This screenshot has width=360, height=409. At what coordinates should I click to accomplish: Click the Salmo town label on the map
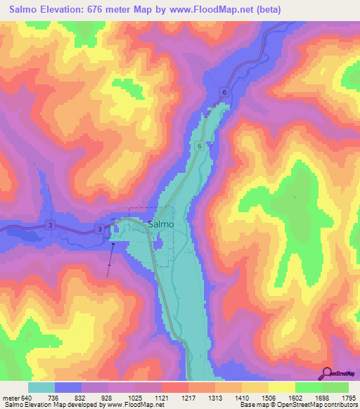tap(161, 225)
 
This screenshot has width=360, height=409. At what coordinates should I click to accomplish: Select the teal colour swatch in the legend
tap(41, 387)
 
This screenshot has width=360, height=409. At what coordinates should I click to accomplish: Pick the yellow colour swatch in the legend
tap(282, 387)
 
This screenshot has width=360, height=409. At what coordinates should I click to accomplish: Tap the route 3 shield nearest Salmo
tap(100, 229)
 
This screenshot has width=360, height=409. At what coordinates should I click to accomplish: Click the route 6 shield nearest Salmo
tap(200, 145)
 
